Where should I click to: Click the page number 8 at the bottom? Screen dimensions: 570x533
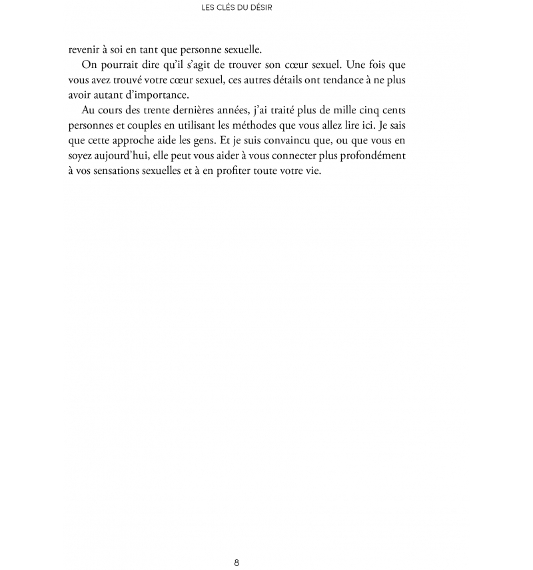point(237,562)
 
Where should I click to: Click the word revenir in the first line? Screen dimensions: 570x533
point(84,49)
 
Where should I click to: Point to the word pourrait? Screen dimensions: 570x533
point(119,65)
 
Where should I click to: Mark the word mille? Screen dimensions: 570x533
point(339,109)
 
